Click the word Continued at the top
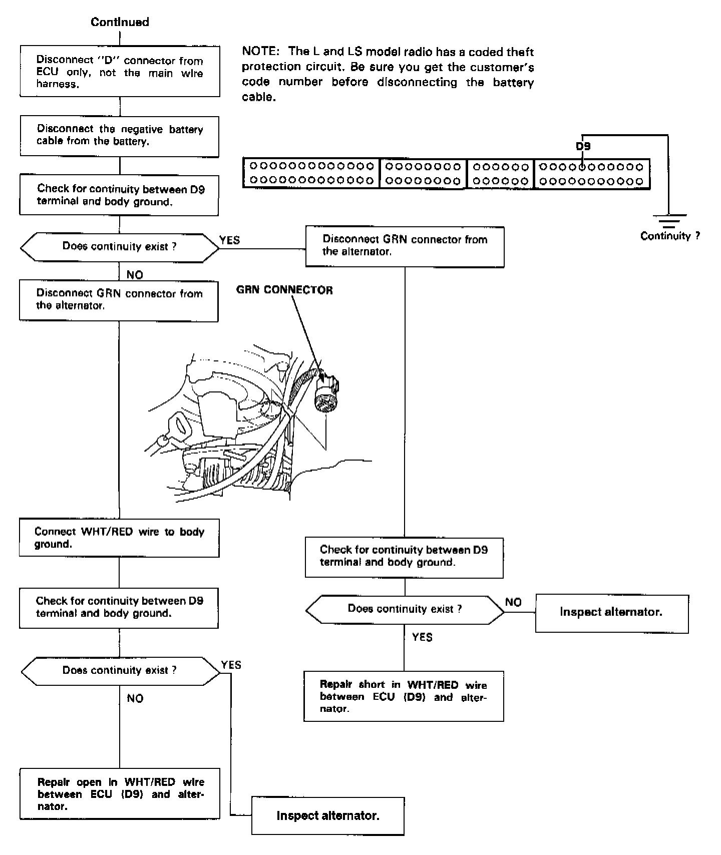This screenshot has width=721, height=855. pyautogui.click(x=120, y=22)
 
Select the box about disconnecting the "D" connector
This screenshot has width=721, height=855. pyautogui.click(x=120, y=71)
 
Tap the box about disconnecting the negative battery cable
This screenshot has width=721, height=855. pyautogui.click(x=119, y=136)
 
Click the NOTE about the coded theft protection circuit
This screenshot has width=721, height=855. pyautogui.click(x=388, y=74)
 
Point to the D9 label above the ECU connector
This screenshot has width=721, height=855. pyautogui.click(x=583, y=146)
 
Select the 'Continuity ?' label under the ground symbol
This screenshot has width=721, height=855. pyautogui.click(x=670, y=236)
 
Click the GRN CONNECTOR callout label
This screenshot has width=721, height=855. pyautogui.click(x=284, y=290)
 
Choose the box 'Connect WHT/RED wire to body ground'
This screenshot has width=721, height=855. pyautogui.click(x=119, y=538)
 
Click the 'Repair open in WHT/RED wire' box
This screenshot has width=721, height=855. pyautogui.click(x=120, y=794)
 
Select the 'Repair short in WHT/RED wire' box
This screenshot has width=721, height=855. pyautogui.click(x=404, y=696)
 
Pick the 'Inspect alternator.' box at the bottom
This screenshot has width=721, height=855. pyautogui.click(x=327, y=816)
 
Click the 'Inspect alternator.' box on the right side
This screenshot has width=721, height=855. pyautogui.click(x=611, y=612)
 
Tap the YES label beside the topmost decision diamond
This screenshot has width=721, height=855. pyautogui.click(x=230, y=240)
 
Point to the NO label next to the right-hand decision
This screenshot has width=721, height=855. pyautogui.click(x=513, y=602)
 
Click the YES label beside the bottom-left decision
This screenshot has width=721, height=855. pyautogui.click(x=231, y=665)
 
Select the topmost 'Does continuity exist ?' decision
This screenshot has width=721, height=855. pyautogui.click(x=119, y=247)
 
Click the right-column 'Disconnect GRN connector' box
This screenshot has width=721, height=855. pyautogui.click(x=405, y=246)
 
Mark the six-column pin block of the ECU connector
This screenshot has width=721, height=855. pyautogui.click(x=500, y=174)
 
